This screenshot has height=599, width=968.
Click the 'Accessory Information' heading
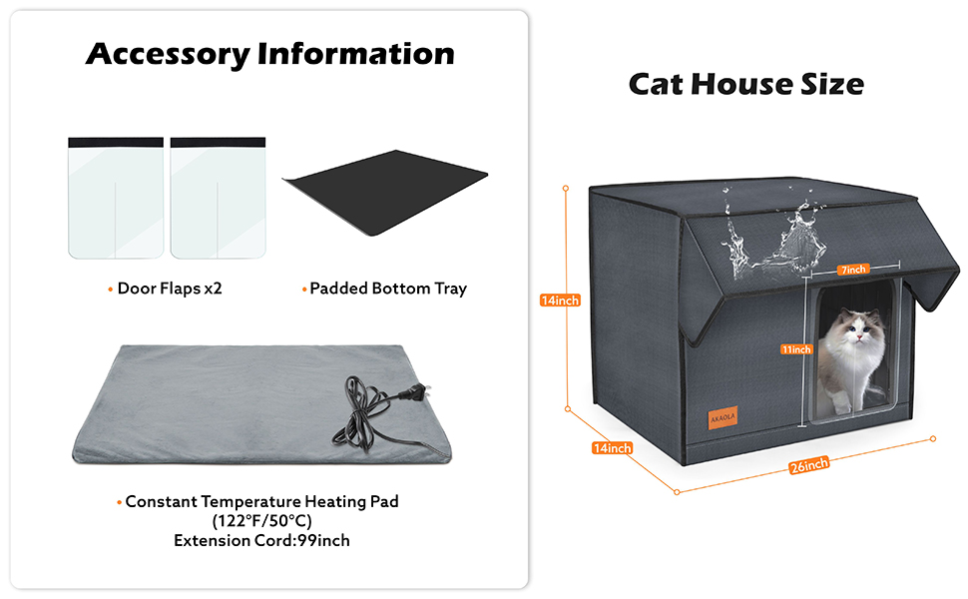269,53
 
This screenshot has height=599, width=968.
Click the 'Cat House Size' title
745,84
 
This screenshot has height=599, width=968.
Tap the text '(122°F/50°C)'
261,521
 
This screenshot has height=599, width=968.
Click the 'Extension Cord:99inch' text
261,541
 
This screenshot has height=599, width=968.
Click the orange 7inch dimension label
853,269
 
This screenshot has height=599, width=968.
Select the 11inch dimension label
796,348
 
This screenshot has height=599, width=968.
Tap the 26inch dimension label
808,464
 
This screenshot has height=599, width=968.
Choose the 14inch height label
559,299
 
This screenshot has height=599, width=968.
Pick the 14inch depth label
612,448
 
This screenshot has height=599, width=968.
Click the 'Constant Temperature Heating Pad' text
261,501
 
